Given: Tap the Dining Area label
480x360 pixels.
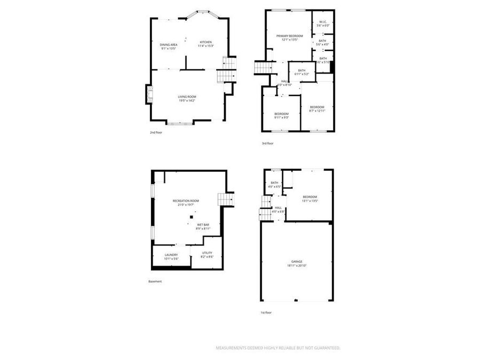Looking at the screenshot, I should point(168,46).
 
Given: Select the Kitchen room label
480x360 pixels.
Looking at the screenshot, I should point(206,44).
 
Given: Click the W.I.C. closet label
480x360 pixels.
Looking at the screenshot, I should point(323,23).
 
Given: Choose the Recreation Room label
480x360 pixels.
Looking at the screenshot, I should point(186,202).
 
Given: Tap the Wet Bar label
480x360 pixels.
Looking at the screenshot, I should point(203,227).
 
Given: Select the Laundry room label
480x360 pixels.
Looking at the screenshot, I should point(171,257).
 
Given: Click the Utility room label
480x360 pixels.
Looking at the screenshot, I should point(207,254).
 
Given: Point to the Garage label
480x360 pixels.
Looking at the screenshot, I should point(297,263).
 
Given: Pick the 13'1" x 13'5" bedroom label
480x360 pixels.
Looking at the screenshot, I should point(310,199).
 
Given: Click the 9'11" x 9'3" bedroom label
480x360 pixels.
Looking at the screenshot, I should point(282,115).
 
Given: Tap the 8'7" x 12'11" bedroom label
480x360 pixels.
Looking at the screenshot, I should point(317,109).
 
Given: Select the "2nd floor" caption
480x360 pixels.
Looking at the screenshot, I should point(156,132).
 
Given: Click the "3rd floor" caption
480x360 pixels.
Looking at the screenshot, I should point(267,143).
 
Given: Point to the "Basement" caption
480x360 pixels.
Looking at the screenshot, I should point(155,281).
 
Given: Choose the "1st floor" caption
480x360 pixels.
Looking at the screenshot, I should point(266,312).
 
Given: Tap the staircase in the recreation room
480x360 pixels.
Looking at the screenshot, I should point(225,199).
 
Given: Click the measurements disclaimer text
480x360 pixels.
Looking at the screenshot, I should point(277,348).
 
